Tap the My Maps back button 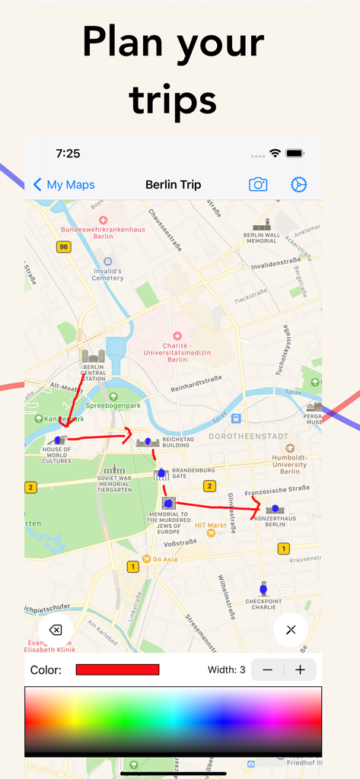64,185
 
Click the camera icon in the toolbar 258,185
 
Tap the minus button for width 267,670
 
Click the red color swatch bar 117,670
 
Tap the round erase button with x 56,630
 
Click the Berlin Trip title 173,185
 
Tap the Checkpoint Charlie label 263,604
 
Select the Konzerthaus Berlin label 275,522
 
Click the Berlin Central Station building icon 93,356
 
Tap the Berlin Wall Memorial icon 261,225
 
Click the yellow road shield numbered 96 63,246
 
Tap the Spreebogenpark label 113,406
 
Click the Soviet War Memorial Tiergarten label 114,485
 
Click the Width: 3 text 227,670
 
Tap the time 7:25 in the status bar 68,154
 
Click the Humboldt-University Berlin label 289,465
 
